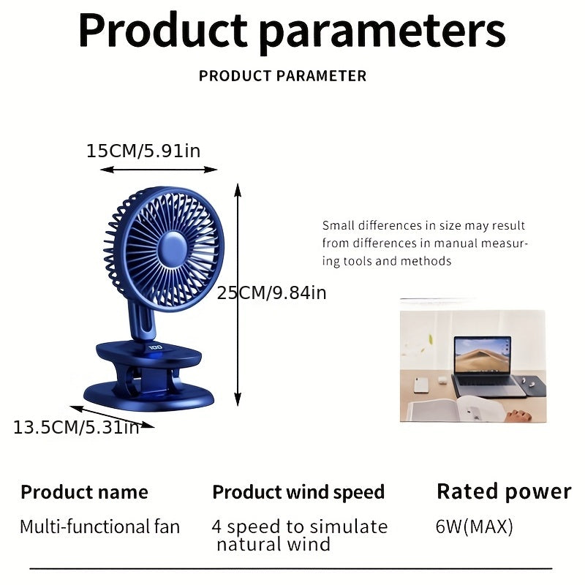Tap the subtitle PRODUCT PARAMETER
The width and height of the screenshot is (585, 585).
coord(282,76)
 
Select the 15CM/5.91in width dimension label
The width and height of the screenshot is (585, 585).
coord(143,151)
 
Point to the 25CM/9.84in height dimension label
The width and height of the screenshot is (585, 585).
coord(272,293)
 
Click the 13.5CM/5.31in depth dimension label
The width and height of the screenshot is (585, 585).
coord(76,428)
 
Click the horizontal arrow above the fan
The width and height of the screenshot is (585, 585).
coord(159,170)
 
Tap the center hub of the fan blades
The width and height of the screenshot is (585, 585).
coord(173,248)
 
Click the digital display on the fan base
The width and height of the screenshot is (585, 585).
coord(154,348)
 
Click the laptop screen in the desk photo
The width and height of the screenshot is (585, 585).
coord(483,356)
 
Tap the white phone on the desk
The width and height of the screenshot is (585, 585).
coord(422,385)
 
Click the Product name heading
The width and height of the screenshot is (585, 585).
coord(84,492)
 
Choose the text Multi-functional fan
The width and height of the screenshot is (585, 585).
coord(99,526)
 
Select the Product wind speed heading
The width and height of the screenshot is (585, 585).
coord(298,492)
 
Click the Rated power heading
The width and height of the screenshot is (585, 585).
coord(504,491)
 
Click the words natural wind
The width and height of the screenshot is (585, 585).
coord(273,544)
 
